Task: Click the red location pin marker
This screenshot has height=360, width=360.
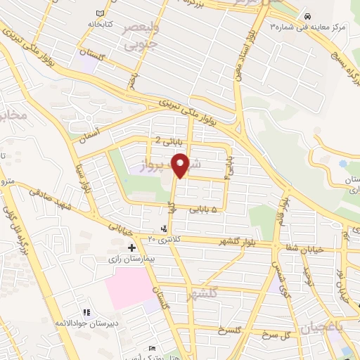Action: pyautogui.click(x=183, y=165)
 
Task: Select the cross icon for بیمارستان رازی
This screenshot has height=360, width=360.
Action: pyautogui.click(x=131, y=247)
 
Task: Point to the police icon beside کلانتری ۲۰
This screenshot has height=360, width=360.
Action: pyautogui.click(x=164, y=229)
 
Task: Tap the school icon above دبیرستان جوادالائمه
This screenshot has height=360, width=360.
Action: pyautogui.click(x=86, y=312)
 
